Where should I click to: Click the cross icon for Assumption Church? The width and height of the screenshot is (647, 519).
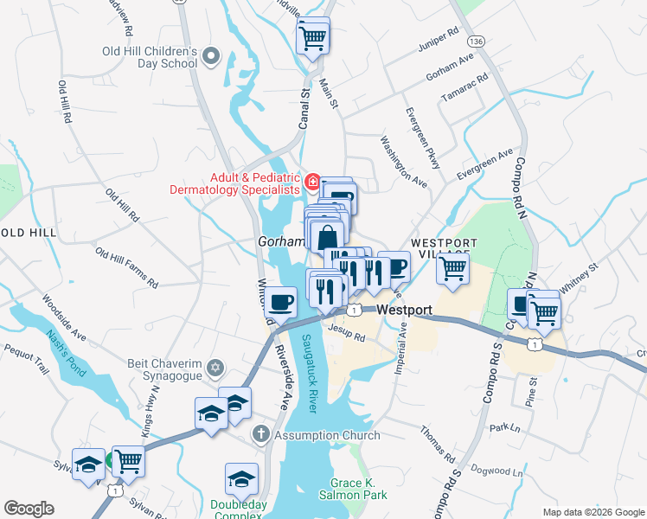coord(259,434)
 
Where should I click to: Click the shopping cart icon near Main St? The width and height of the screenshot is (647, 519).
coord(312,36)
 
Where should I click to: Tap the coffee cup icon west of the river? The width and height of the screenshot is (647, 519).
coord(282,302)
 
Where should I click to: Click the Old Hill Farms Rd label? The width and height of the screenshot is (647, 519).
coord(127,268)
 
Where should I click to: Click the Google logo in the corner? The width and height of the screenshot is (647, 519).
coord(29,509)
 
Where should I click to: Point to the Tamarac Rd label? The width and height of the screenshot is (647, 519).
coord(464,87)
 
